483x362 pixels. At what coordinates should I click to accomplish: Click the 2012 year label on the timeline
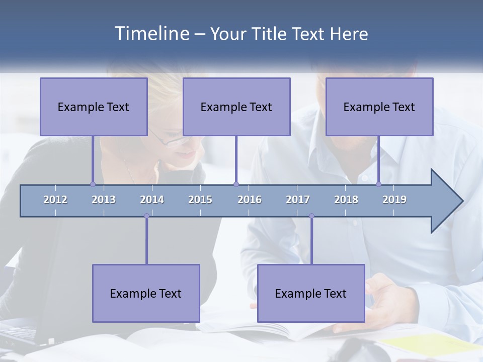[55, 200]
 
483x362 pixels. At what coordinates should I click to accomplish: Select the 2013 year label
[104, 200]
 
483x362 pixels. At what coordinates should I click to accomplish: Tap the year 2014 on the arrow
[152, 200]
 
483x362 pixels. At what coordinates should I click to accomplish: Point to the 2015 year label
[200, 200]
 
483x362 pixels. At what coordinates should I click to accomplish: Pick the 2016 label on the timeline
[250, 200]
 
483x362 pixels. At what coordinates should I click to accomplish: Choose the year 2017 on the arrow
[298, 200]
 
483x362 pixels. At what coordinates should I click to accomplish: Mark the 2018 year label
[346, 200]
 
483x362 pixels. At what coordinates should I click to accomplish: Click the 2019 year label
[394, 200]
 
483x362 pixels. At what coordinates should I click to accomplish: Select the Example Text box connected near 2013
[94, 107]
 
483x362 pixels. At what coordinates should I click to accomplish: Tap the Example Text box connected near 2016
[236, 107]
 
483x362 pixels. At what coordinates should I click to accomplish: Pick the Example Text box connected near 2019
[379, 107]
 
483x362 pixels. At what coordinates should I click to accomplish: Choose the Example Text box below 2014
[146, 293]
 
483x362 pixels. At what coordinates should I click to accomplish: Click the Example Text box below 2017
[311, 293]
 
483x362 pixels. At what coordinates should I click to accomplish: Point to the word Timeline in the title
[151, 34]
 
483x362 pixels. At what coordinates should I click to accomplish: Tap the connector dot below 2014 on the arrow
[146, 216]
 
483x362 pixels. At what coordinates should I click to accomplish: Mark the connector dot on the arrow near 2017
[311, 216]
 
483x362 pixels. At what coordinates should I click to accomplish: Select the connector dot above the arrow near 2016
[236, 184]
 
